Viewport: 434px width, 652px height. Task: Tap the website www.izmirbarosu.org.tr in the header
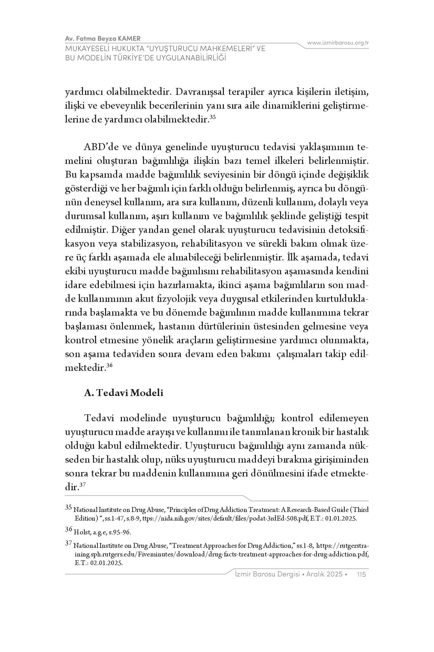(x=338, y=43)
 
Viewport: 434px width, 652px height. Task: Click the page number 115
(x=361, y=574)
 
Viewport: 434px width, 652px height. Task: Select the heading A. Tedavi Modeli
(x=124, y=393)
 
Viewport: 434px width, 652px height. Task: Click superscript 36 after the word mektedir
(x=110, y=366)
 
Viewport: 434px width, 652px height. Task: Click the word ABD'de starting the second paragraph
(x=100, y=147)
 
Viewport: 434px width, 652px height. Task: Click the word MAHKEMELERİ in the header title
(x=218, y=48)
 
